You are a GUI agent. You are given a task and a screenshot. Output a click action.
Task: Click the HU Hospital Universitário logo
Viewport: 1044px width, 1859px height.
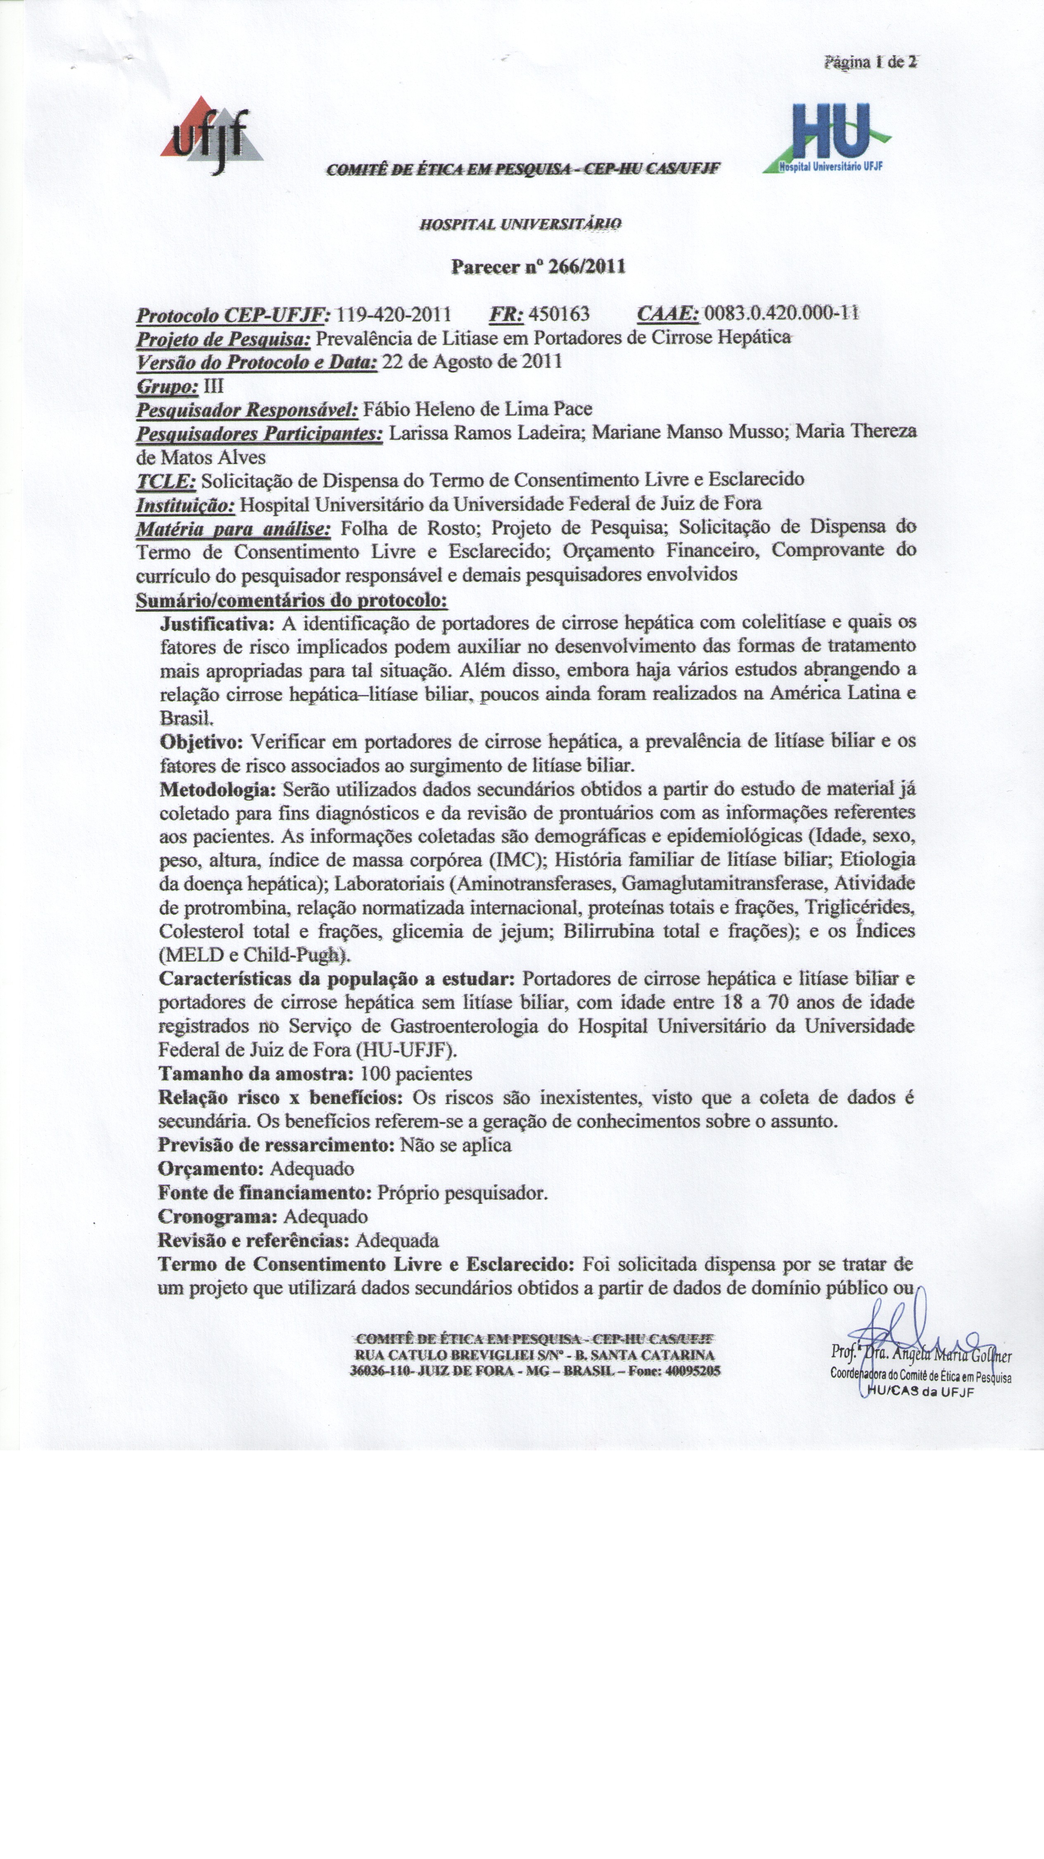tap(827, 138)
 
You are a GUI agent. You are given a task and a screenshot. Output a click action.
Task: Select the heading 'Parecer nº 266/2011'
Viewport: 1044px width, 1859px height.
tap(538, 267)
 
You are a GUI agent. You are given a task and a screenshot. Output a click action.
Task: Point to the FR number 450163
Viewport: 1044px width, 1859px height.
tap(559, 314)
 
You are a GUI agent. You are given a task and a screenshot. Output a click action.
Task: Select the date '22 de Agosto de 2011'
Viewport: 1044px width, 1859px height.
tap(472, 362)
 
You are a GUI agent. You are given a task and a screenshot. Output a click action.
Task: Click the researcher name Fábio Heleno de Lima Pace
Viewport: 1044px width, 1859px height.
tap(477, 409)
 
